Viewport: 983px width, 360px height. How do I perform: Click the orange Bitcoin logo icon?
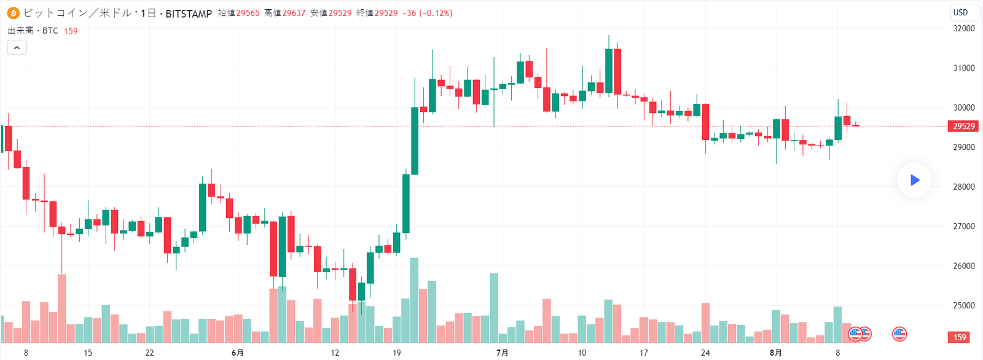(x=13, y=13)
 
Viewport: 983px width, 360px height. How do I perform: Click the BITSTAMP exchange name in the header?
(x=189, y=14)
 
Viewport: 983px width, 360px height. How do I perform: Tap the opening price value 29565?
(x=248, y=13)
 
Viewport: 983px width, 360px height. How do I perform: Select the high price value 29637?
(x=294, y=13)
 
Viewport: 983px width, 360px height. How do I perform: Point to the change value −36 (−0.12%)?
(x=427, y=13)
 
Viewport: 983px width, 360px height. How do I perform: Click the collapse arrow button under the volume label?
(x=17, y=47)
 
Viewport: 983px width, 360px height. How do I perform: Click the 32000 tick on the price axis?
(x=963, y=28)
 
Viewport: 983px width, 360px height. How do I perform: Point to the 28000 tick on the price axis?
(x=963, y=187)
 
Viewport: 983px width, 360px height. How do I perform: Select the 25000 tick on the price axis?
(x=963, y=305)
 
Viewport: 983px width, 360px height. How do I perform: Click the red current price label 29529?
(x=963, y=126)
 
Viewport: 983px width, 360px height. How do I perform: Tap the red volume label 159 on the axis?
(x=960, y=337)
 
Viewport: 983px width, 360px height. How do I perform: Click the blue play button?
(x=914, y=180)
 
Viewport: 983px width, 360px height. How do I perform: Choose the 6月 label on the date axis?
(x=237, y=353)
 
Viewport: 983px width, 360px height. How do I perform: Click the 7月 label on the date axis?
(x=502, y=353)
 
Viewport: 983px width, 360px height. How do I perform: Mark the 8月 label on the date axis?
(x=776, y=353)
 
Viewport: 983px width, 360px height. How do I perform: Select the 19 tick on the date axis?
(x=397, y=353)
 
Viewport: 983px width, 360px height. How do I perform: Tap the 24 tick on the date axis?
(x=705, y=353)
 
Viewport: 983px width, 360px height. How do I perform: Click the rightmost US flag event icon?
(x=899, y=334)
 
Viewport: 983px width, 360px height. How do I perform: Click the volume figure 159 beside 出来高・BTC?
(x=71, y=31)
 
